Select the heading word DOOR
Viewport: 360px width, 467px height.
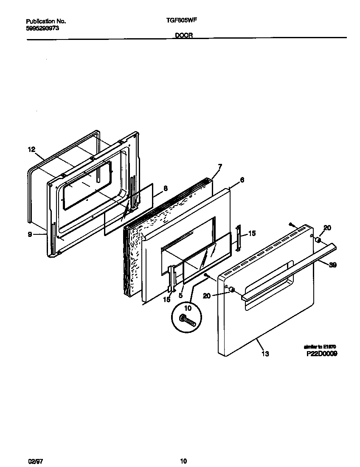coord(184,36)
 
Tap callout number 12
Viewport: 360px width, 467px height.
coord(31,149)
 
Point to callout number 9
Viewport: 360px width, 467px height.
coord(30,234)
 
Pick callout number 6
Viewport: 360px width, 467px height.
coord(242,180)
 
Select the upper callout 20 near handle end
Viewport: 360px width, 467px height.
coord(327,228)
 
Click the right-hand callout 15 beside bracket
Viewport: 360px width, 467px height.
coord(252,233)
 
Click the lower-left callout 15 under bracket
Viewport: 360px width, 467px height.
coord(166,299)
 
